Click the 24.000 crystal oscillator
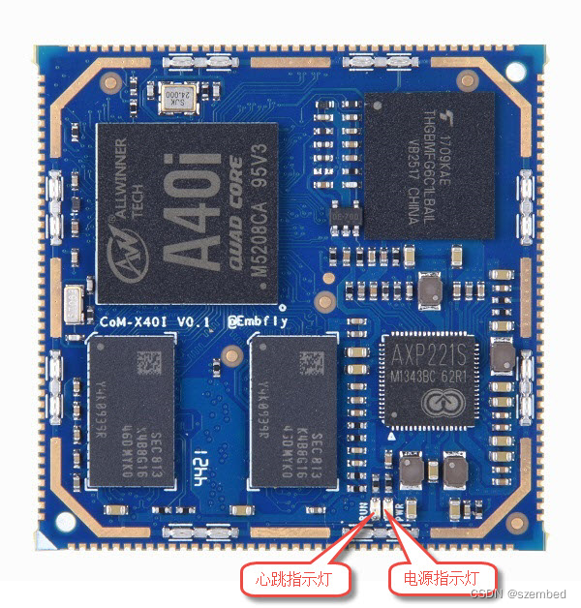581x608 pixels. pyautogui.click(x=174, y=97)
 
